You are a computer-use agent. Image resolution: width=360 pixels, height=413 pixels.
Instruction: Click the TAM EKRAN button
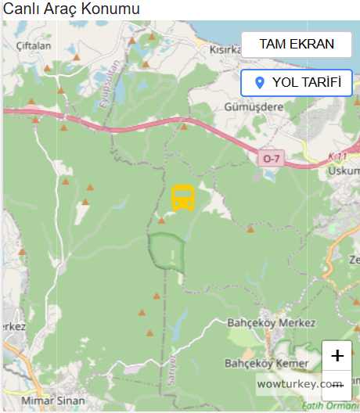coord(297,45)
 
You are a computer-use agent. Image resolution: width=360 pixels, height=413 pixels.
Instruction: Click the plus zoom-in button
coord(337,356)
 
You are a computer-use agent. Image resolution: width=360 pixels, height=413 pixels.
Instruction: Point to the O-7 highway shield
coord(271,159)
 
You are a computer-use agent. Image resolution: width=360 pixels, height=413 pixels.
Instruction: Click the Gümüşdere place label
coord(253,106)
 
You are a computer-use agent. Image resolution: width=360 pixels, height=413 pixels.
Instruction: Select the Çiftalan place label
coord(33,46)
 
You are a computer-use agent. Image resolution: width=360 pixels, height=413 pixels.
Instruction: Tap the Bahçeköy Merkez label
coord(271,323)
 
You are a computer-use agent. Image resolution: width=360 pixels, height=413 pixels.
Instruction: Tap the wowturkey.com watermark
coord(300,385)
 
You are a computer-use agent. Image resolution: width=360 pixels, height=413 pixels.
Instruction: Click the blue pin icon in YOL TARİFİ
coord(260,83)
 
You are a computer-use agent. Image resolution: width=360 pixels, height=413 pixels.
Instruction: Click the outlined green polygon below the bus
coord(166,252)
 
